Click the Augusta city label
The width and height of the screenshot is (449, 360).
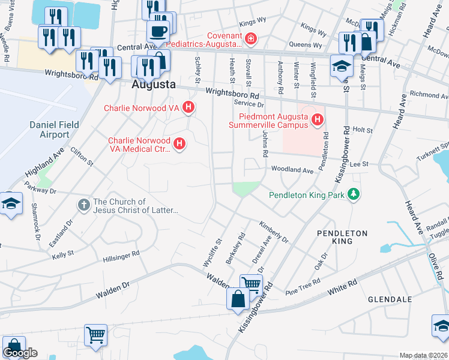pyautogui.click(x=154, y=85)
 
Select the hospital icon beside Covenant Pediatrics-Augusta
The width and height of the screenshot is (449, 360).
pyautogui.click(x=250, y=40)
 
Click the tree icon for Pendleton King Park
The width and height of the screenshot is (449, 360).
pyautogui.click(x=355, y=194)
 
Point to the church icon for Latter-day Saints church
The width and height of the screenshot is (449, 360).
pyautogui.click(x=84, y=205)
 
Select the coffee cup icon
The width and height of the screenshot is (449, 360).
pyautogui.click(x=158, y=31)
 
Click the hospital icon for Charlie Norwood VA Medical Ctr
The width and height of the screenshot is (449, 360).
pyautogui.click(x=178, y=143)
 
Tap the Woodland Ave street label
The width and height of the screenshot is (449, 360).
pyautogui.click(x=292, y=170)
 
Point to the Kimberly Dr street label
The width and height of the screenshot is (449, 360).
pyautogui.click(x=274, y=232)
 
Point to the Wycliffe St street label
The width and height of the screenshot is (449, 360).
pyautogui.click(x=212, y=252)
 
